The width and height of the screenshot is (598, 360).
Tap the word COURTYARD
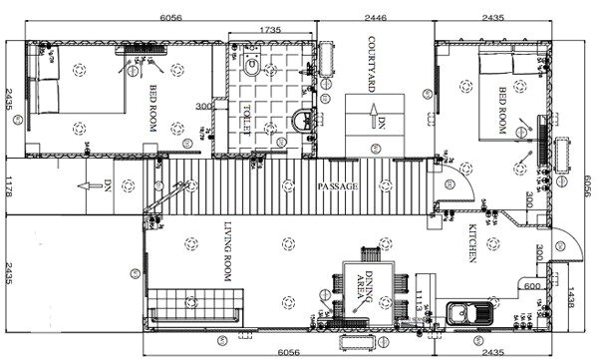coord(370,65)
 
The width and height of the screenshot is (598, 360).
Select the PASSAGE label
coord(337,186)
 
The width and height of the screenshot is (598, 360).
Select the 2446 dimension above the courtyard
coord(375,18)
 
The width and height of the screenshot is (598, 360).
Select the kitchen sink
coord(465,313)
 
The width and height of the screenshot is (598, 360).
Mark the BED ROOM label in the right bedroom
coord(502,112)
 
